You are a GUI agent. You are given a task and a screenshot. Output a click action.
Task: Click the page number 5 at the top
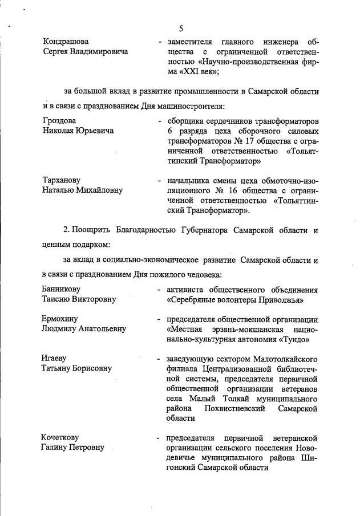(180, 29)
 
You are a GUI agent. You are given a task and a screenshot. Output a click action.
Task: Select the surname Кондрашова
(66, 42)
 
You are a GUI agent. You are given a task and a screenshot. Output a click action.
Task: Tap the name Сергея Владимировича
(86, 52)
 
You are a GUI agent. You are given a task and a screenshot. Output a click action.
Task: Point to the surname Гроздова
(59, 120)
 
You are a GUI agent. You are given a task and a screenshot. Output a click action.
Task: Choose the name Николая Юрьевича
(78, 131)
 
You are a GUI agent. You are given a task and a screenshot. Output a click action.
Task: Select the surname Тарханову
(64, 180)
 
